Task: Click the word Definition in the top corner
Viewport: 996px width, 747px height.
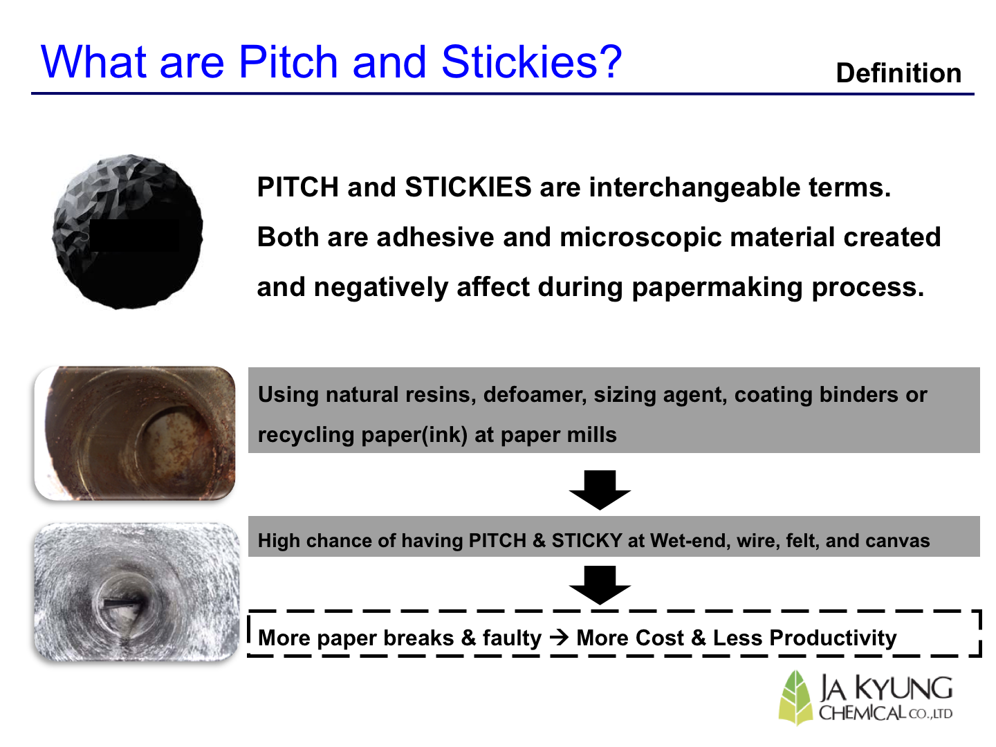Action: click(x=898, y=73)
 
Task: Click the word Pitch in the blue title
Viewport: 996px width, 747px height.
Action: click(x=288, y=62)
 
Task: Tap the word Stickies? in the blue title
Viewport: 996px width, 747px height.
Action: click(x=531, y=62)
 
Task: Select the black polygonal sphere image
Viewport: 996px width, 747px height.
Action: click(x=127, y=232)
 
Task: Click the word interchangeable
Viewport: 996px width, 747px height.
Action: click(x=694, y=187)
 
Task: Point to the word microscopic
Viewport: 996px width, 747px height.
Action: click(x=640, y=238)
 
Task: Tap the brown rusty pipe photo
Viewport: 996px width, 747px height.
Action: click(x=135, y=433)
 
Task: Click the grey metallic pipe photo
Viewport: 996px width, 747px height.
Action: click(x=137, y=591)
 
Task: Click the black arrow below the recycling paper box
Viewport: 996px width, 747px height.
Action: click(x=600, y=490)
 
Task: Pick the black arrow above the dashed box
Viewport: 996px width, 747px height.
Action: click(x=600, y=586)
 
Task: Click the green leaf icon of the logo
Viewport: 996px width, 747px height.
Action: click(x=795, y=698)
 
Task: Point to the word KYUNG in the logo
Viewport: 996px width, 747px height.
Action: click(x=903, y=689)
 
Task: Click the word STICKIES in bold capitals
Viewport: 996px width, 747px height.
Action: click(x=468, y=187)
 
